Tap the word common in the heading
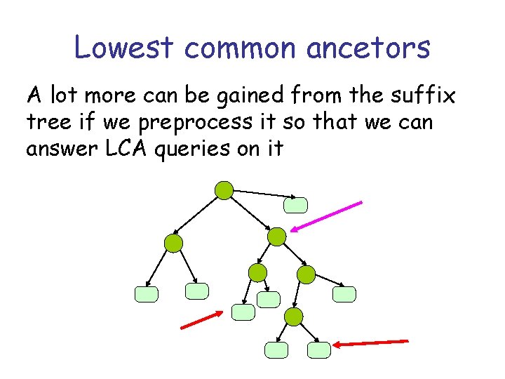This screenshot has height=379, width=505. (x=234, y=48)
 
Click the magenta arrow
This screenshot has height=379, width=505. (x=327, y=216)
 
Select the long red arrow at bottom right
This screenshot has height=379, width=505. (x=371, y=343)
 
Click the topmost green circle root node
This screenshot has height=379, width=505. (x=224, y=189)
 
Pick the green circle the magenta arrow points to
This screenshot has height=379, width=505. (x=278, y=237)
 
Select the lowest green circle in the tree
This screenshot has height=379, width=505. (x=293, y=317)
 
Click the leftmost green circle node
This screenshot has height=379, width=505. (x=173, y=244)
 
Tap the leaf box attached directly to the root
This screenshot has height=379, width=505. (x=295, y=204)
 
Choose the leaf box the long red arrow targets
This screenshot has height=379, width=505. (x=319, y=350)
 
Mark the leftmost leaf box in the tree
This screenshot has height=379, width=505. (x=147, y=294)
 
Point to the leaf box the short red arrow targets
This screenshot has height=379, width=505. (x=243, y=312)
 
